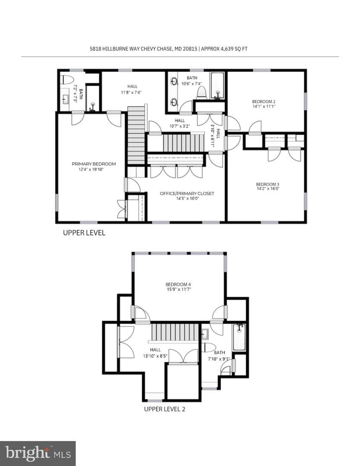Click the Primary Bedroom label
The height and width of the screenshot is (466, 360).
(x=94, y=164)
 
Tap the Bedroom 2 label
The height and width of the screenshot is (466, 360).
(x=264, y=101)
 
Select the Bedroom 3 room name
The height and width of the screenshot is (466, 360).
(x=268, y=184)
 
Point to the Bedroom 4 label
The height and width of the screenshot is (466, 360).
(x=178, y=284)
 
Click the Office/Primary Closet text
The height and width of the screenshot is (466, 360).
(x=187, y=193)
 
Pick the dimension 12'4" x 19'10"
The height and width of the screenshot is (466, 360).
(x=91, y=170)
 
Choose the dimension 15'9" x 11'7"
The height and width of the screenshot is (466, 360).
(x=178, y=289)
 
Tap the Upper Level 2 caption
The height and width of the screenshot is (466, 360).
(x=164, y=409)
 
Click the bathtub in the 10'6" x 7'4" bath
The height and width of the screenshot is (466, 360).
(x=218, y=85)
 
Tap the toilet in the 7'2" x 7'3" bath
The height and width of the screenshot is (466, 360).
(x=67, y=80)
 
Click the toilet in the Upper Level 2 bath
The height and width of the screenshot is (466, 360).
(x=210, y=347)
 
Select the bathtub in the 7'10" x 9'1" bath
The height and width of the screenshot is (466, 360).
(x=239, y=337)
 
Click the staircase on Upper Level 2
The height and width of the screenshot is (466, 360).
(x=175, y=332)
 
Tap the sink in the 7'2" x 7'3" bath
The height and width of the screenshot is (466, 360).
(x=65, y=98)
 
